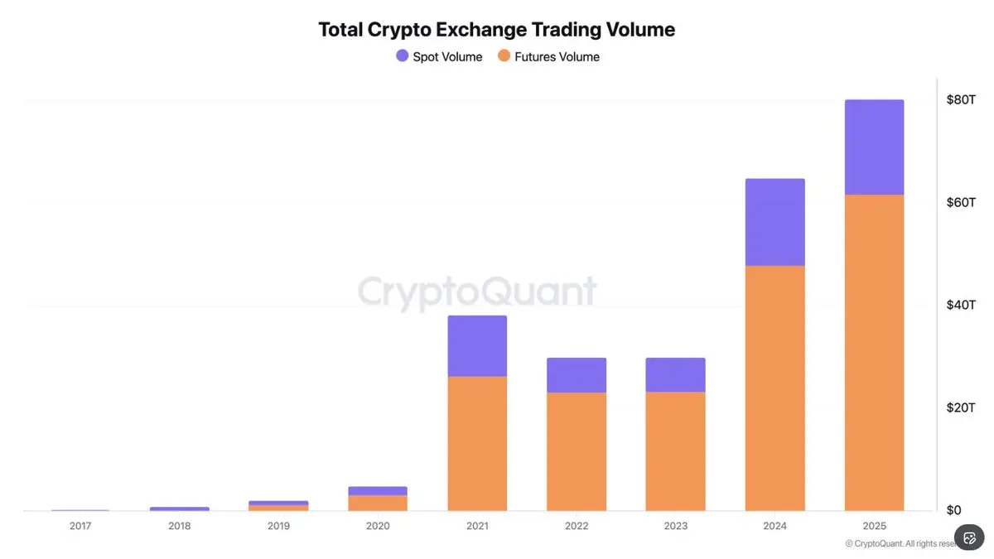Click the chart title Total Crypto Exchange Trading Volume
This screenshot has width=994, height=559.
[x=497, y=30]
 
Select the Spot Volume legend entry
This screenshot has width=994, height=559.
[x=439, y=56]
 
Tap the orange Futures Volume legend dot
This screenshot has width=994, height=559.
[x=504, y=56]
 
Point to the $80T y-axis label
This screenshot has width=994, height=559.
[x=961, y=100]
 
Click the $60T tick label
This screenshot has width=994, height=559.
[x=961, y=203]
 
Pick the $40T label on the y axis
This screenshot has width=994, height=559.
[x=961, y=306]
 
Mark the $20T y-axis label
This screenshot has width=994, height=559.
[x=961, y=408]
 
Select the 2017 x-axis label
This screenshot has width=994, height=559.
[x=80, y=526]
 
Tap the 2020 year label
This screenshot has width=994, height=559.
[x=378, y=526]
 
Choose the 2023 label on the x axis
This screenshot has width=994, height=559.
[x=675, y=526]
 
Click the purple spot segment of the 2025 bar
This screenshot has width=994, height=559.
[x=874, y=147]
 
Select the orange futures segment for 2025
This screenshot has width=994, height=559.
[x=874, y=352]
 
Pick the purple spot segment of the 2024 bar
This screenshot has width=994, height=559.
[x=774, y=222]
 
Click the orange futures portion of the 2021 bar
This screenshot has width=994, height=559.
[x=477, y=443]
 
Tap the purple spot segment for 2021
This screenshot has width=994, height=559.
[x=477, y=346]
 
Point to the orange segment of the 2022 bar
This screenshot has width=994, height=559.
[x=577, y=451]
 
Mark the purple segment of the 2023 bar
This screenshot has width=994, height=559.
[x=675, y=375]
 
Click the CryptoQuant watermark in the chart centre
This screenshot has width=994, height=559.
[x=477, y=292]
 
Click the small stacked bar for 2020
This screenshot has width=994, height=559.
[x=378, y=499]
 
